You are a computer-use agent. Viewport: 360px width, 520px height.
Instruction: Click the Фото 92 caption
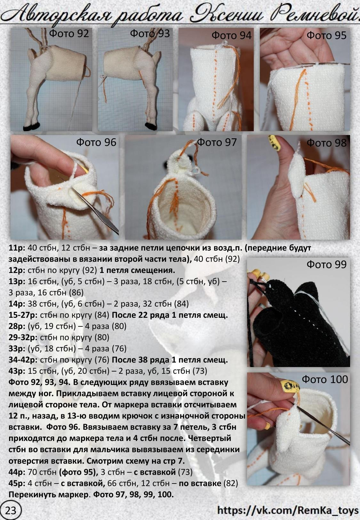point(69,34)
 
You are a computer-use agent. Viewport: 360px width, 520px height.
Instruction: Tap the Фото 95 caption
point(326,36)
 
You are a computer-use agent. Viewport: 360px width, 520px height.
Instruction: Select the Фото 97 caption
point(217,142)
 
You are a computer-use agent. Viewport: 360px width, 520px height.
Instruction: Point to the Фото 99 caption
point(326,264)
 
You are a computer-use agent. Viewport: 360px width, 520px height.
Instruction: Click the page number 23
point(11,510)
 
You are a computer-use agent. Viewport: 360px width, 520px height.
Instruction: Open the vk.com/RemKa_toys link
point(288,510)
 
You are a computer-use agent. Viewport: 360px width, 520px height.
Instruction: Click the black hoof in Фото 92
point(31,126)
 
